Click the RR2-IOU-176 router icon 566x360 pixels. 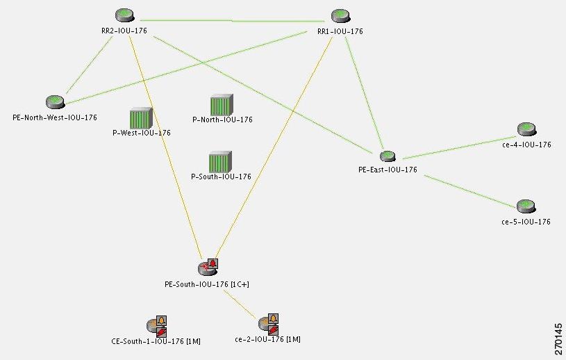pos(124,15)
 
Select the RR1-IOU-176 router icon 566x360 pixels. pos(340,15)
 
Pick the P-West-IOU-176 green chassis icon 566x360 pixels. pos(141,117)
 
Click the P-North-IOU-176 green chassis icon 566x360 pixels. pos(222,105)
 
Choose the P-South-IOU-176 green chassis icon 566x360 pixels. pos(220,162)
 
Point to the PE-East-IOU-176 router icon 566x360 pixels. pos(388,156)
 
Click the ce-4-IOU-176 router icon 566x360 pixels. pos(526,129)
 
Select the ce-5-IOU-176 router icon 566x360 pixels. pos(526,206)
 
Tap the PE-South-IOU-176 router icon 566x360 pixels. pos(204,268)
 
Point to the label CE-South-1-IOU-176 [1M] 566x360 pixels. pos(156,341)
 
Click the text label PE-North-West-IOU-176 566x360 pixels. pos(55,117)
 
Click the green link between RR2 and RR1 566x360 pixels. pos(232,21)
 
